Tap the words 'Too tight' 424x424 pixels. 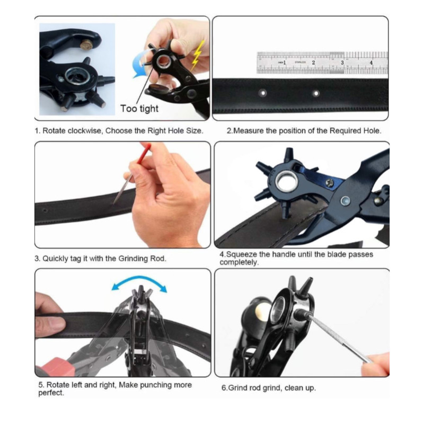[139, 109]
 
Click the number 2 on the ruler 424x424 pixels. [313, 63]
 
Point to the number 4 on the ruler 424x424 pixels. [371, 63]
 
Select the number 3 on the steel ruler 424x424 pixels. [342, 63]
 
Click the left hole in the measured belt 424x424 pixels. [262, 93]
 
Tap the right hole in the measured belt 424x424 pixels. [316, 94]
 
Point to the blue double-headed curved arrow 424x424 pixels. [139, 279]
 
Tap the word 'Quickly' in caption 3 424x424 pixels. [56, 259]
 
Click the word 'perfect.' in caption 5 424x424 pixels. [51, 393]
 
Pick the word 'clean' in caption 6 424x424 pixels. [294, 388]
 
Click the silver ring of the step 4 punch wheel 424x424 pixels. [286, 181]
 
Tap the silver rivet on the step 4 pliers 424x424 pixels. [346, 201]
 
